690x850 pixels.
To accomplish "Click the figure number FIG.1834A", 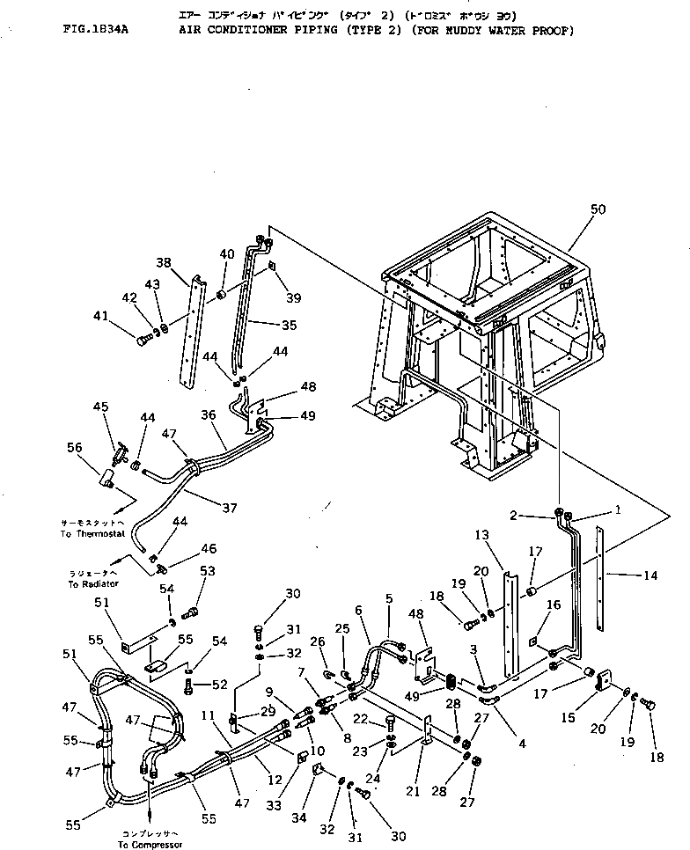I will tap(96, 30).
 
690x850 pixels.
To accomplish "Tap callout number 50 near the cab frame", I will tap(598, 209).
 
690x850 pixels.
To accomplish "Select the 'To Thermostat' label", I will tap(94, 534).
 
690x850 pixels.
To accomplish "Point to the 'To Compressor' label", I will tap(150, 844).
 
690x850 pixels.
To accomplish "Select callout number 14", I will tap(650, 575).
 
